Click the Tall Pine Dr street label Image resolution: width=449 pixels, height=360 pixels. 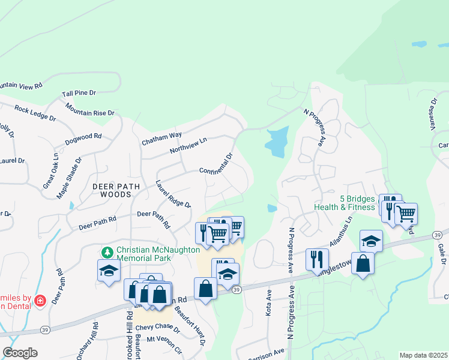(79, 93)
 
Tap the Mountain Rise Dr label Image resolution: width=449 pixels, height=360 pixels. (90, 109)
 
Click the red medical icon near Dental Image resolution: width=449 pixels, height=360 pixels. (40, 300)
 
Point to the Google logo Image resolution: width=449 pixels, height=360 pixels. (20, 353)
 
